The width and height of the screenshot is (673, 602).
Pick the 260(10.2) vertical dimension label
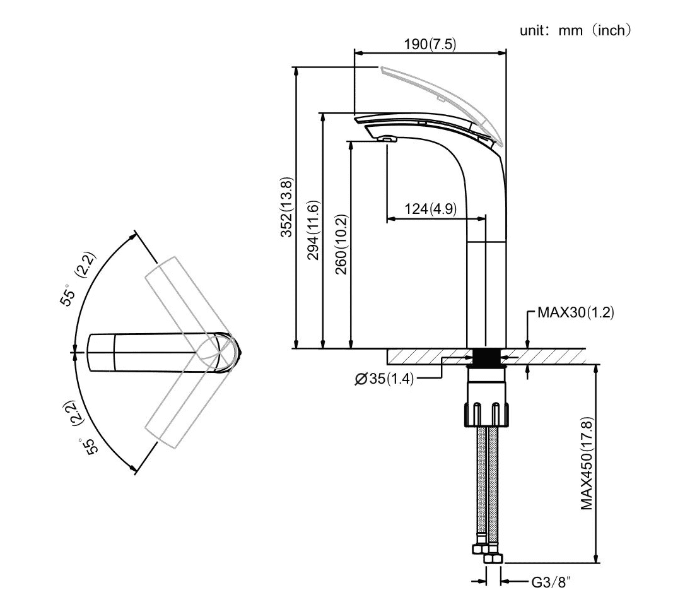point(341,245)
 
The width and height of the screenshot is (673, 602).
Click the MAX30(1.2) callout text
point(575,312)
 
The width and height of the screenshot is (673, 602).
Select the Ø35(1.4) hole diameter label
point(383,379)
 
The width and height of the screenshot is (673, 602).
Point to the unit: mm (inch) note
point(575,30)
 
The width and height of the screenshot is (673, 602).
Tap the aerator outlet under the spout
point(387,139)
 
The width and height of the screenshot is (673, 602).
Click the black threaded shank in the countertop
point(486,357)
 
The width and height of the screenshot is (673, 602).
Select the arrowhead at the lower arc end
point(133,468)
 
